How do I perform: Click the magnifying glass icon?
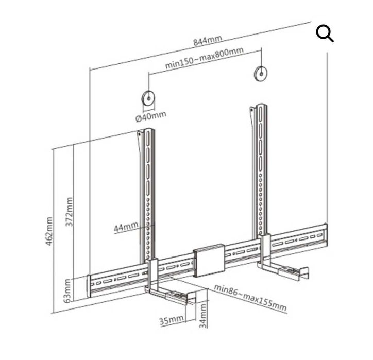[x=325, y=34]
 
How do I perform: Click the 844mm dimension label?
[x=208, y=40]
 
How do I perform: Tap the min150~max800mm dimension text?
[x=205, y=58]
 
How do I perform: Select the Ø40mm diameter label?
[x=151, y=116]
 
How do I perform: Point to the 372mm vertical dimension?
[x=69, y=212]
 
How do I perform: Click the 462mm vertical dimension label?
[x=49, y=231]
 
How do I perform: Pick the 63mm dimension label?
[x=67, y=291]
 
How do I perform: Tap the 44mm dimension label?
[x=126, y=227]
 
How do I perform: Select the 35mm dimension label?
[x=172, y=320]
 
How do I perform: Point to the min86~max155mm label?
[x=250, y=298]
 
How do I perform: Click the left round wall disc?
[x=148, y=98]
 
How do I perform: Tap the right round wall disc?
[x=261, y=74]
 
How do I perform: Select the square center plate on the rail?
[x=209, y=261]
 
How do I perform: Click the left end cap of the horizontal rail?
[x=89, y=286]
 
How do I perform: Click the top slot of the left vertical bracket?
[x=148, y=138]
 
